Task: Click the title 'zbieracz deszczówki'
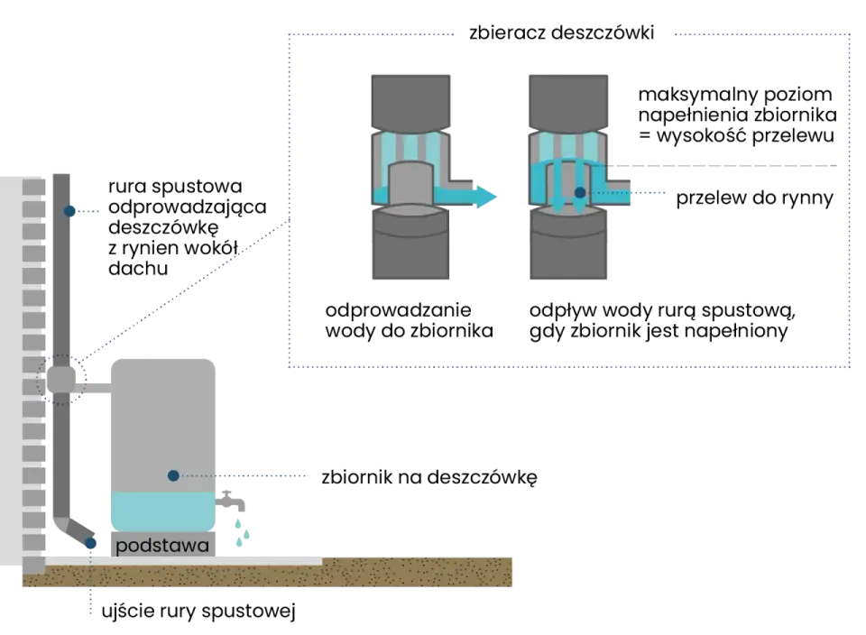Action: [562, 32]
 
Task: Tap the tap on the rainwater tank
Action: [230, 501]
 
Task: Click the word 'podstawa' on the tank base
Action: [162, 546]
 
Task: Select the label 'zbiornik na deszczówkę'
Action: [429, 477]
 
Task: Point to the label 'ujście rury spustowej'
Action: [198, 612]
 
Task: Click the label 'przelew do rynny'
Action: [754, 198]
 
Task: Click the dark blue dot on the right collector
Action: [580, 193]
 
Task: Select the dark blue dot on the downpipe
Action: [69, 211]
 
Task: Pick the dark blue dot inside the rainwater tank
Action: [173, 475]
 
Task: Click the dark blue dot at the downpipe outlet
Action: [90, 543]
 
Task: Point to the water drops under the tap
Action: [242, 532]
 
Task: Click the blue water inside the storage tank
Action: [163, 511]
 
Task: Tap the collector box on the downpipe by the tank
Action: [60, 380]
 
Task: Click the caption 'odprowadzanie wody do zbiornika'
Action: [409, 320]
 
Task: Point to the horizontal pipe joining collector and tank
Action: [93, 388]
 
